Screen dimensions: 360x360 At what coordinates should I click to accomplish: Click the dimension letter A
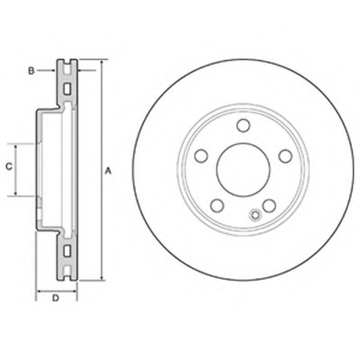[x=109, y=171]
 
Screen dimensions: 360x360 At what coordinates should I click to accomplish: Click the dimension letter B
[x=31, y=71]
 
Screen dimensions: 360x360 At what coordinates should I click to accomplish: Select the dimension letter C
[x=10, y=166]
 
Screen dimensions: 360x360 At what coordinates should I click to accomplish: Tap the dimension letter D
[x=56, y=298]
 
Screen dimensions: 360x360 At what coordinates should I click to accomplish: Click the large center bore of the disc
[x=243, y=170]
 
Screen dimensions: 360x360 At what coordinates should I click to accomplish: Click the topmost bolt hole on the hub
[x=243, y=125]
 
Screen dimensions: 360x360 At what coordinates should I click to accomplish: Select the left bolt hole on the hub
[x=201, y=156]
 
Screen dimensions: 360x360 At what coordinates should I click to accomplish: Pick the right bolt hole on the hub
[x=285, y=156]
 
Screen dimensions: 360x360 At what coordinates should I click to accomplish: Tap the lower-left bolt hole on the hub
[x=217, y=205]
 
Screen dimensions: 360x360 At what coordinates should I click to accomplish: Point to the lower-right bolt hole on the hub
[x=269, y=205]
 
